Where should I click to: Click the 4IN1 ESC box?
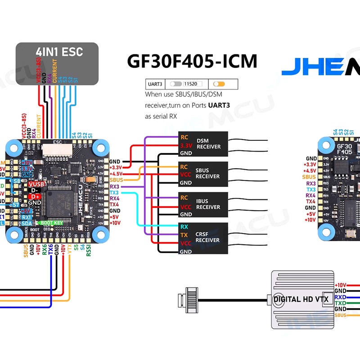57,63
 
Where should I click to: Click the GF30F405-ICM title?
192,61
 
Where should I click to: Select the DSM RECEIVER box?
203,144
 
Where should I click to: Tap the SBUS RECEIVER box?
203,174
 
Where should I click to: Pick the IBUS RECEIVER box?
203,204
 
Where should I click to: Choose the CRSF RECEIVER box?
203,237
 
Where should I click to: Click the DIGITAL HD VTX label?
301,299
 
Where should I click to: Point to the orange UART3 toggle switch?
219,84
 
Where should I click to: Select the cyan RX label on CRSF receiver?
184,227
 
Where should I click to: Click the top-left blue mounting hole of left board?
13,146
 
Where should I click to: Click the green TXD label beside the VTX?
340,303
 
